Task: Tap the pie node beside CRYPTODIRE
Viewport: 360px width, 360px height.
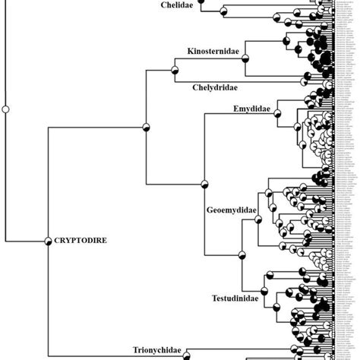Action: click(x=48, y=241)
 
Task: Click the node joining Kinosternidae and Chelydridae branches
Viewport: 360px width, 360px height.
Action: click(x=174, y=69)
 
